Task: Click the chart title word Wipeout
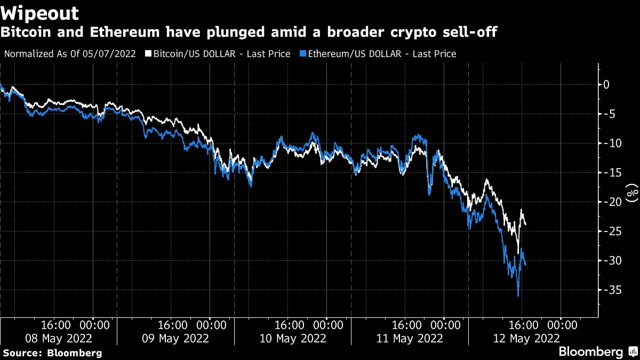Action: [41, 13]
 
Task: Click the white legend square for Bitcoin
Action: [149, 54]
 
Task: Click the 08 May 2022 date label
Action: [59, 338]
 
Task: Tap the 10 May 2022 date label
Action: [293, 338]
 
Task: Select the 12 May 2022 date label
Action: [527, 338]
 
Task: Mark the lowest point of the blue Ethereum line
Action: [518, 296]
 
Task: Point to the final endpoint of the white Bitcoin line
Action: [525, 225]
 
